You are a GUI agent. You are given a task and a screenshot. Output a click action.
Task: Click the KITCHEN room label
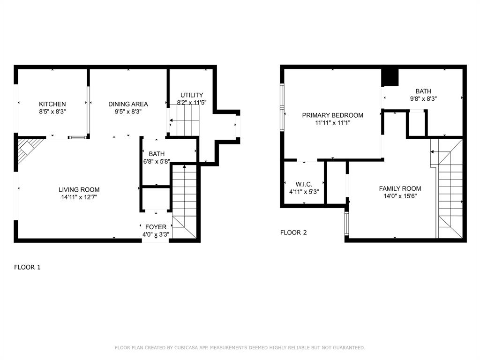(x=52, y=104)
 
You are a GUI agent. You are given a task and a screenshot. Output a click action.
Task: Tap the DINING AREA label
(x=128, y=104)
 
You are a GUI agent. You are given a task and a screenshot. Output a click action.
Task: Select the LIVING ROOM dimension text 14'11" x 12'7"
(x=79, y=197)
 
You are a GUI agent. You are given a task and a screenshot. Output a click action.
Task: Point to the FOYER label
(x=155, y=227)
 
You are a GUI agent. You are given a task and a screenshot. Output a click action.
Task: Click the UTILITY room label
(x=192, y=95)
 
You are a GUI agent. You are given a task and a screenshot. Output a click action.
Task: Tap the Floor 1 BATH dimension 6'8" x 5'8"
(x=157, y=162)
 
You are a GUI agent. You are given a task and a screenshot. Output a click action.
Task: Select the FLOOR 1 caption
(x=27, y=267)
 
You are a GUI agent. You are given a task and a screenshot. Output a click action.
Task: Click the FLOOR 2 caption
(x=293, y=232)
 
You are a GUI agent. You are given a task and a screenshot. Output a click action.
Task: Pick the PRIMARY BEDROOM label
(x=332, y=115)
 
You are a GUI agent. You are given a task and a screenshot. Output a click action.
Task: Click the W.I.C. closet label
(x=304, y=184)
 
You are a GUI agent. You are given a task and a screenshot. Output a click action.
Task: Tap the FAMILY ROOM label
(x=400, y=188)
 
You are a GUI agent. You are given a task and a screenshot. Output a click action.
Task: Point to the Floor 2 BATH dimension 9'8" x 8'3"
(x=423, y=99)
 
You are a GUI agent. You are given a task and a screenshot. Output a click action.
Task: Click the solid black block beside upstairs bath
(x=390, y=77)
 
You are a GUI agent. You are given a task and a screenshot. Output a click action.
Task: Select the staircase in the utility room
(x=185, y=120)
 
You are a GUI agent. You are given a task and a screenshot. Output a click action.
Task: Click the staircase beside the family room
(x=450, y=192)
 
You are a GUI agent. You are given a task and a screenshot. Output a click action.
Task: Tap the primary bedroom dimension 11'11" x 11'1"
(x=332, y=123)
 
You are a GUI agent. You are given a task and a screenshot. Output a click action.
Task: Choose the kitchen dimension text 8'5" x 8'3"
(x=52, y=112)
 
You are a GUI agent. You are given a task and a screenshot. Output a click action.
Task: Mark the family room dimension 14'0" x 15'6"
(x=400, y=196)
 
